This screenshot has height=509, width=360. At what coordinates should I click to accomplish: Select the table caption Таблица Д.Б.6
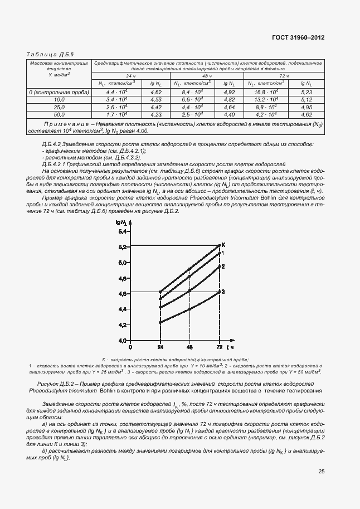[51, 54]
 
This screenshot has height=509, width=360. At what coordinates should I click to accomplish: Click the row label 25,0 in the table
[60, 106]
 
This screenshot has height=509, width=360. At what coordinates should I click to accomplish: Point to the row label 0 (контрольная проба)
[60, 91]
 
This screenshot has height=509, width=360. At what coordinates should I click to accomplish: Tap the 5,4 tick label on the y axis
[123, 231]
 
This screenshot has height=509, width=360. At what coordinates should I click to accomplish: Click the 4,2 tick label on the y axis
[123, 324]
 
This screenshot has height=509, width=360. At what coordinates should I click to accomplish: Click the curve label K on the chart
[223, 245]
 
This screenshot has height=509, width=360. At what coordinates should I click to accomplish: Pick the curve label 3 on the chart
[223, 292]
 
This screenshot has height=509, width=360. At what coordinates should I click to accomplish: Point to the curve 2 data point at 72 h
[218, 266]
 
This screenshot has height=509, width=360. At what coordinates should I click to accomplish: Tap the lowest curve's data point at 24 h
[160, 322]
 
